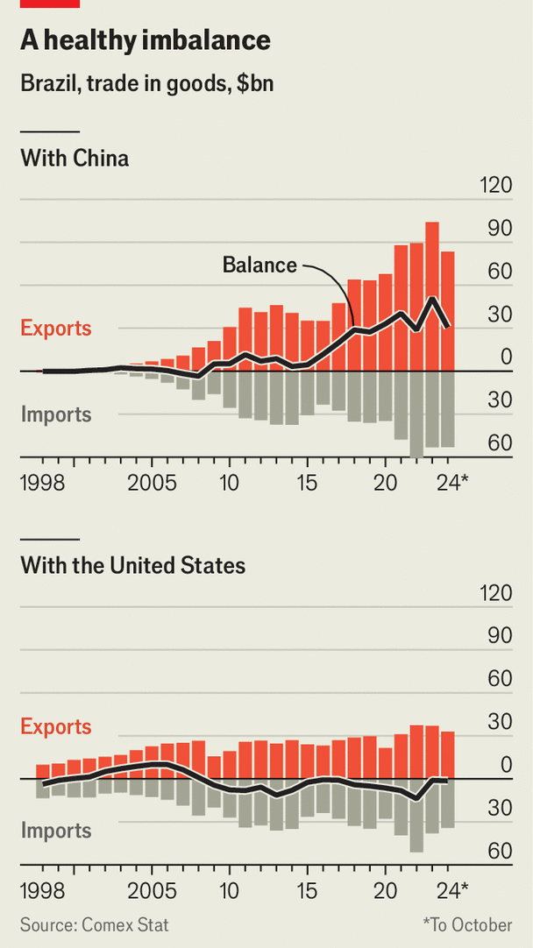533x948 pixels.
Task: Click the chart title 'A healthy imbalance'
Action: click(x=145, y=40)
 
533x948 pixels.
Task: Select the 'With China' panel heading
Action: click(x=75, y=159)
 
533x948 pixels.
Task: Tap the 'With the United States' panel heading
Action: click(x=132, y=565)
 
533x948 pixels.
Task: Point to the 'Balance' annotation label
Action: click(x=259, y=265)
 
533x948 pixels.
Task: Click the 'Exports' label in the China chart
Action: click(x=56, y=329)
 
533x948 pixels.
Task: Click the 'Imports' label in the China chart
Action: click(x=56, y=414)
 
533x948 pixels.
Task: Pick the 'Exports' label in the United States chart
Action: click(x=56, y=726)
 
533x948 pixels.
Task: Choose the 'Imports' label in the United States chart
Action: click(x=56, y=830)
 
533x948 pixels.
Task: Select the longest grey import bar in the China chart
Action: click(x=416, y=414)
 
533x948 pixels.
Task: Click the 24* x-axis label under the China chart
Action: click(x=452, y=482)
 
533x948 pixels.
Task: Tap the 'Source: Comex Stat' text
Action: click(x=95, y=924)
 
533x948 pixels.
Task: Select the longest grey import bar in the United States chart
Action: click(x=416, y=815)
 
